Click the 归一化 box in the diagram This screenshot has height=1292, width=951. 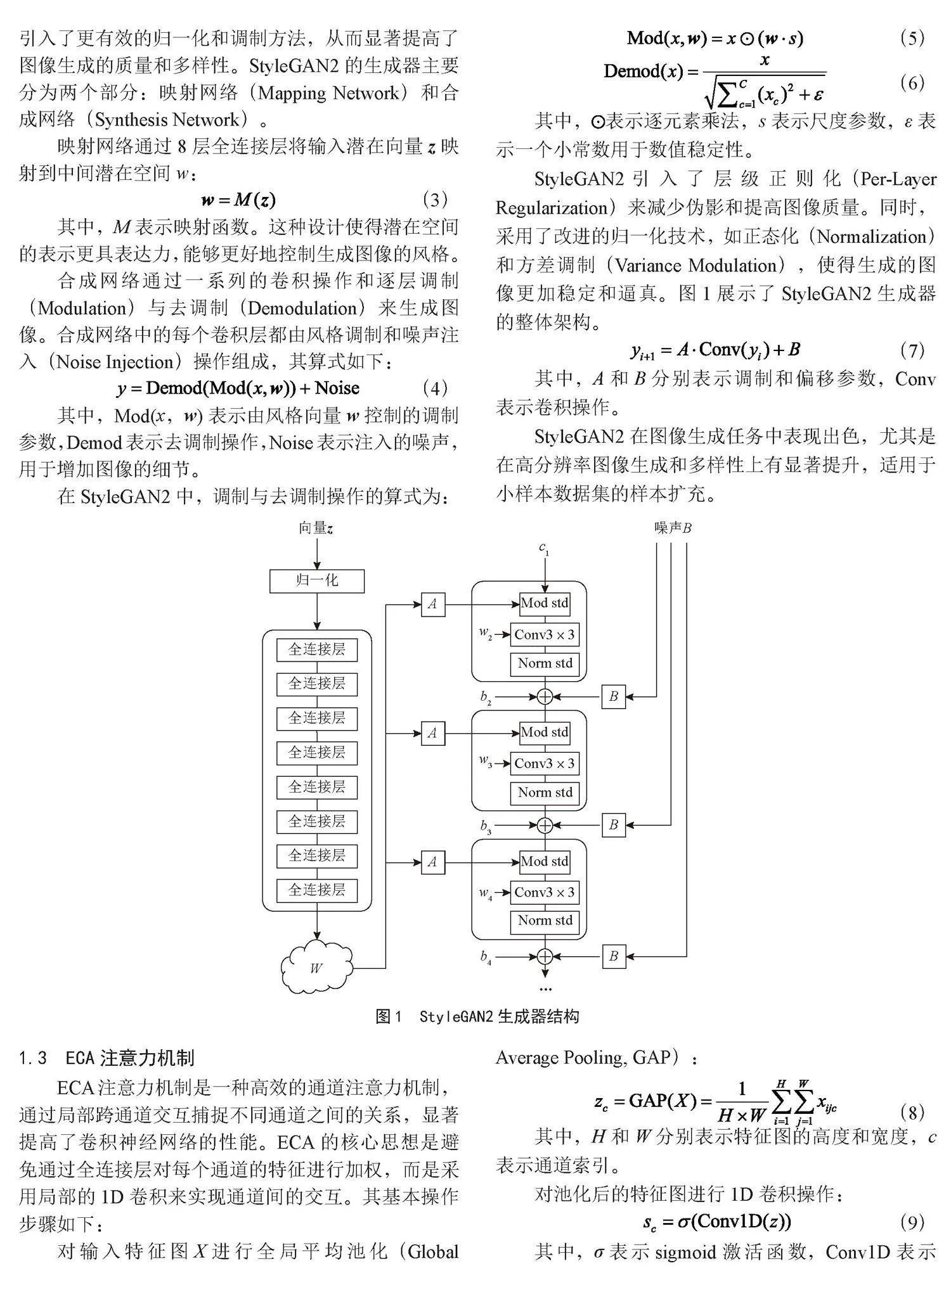[x=317, y=581]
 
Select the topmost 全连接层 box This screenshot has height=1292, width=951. [x=317, y=649]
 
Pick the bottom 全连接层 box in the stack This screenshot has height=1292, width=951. [x=317, y=890]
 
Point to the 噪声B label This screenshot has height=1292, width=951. [x=673, y=528]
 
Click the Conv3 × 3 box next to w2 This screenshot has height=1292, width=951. [x=545, y=635]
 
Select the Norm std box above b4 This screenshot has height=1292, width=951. [x=545, y=921]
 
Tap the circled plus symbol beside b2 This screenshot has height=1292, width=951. [x=545, y=697]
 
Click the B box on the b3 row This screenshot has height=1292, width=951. [x=614, y=826]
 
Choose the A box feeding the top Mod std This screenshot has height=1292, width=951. [x=432, y=604]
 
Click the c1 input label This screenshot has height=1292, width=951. [x=544, y=549]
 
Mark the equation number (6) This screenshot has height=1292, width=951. [x=912, y=82]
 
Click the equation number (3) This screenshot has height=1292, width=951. [x=435, y=200]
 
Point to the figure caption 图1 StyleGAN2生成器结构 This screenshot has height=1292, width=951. [x=477, y=1017]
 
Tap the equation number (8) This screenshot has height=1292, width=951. [x=912, y=1113]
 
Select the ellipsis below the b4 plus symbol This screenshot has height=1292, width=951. [x=545, y=989]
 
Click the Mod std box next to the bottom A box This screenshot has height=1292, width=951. [x=545, y=862]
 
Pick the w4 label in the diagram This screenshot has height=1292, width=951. [x=486, y=894]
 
